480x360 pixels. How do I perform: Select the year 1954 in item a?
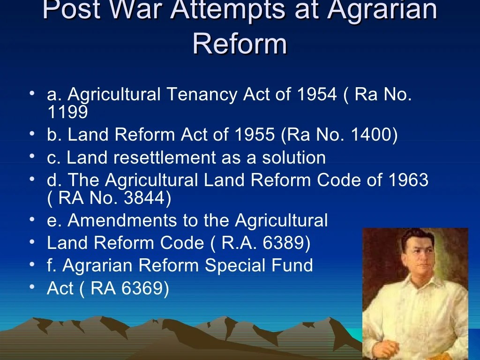pyautogui.click(x=317, y=95)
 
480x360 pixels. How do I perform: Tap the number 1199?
pyautogui.click(x=67, y=112)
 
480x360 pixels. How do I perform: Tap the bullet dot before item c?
pyautogui.click(x=31, y=156)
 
